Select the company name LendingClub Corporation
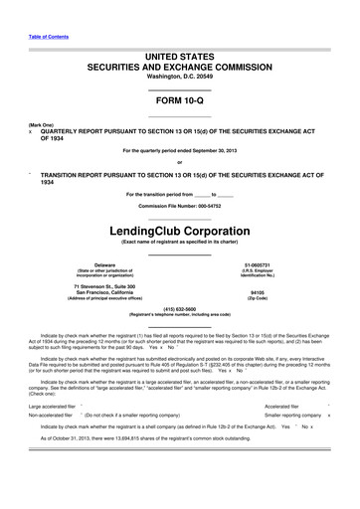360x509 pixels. [180, 230]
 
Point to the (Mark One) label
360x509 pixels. [41, 125]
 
